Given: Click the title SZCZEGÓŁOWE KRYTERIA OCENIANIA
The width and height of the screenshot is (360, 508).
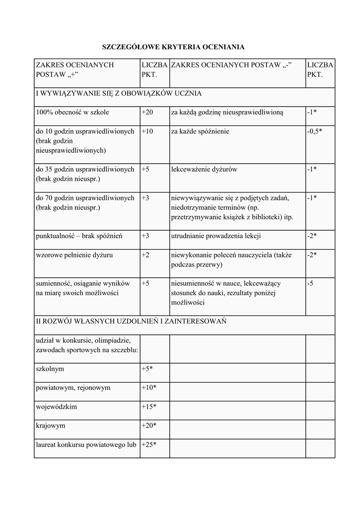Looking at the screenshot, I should pos(173,47).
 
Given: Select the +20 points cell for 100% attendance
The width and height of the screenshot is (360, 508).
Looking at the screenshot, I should pos(147,112).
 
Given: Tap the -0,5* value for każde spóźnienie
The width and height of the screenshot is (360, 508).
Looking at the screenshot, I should pos(315,131).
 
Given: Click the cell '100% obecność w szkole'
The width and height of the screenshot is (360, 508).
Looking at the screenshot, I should pos(72,112).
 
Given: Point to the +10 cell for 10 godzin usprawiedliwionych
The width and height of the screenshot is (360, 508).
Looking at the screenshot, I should pos(147,131).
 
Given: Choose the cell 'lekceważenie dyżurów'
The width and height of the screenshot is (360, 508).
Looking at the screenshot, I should pos(204,169).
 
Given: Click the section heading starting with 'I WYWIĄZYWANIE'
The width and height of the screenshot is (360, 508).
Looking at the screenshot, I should pos(119,93).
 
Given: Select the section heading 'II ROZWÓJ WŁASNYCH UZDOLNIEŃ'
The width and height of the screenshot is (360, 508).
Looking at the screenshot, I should pos(131,321).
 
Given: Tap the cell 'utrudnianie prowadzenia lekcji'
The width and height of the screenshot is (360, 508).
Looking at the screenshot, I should pos(216,236).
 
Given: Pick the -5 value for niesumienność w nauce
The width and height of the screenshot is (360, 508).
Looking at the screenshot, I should pos(310,283).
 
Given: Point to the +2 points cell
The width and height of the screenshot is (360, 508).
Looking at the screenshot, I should pos(145,255).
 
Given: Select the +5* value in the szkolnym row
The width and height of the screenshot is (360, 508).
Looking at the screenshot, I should pos(147,369).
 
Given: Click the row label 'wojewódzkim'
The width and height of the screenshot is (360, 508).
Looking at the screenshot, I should pos(57,407).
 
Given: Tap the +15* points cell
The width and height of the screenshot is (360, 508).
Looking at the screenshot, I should pos(149,407).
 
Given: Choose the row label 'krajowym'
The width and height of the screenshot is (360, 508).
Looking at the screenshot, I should pos(51,426).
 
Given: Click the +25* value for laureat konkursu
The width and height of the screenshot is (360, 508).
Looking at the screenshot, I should pos(149,444).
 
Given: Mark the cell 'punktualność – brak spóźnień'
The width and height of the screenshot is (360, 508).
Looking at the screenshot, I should pos(79,236).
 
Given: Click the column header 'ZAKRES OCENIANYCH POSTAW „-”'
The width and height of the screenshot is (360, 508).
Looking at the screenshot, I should pos(231,65).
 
